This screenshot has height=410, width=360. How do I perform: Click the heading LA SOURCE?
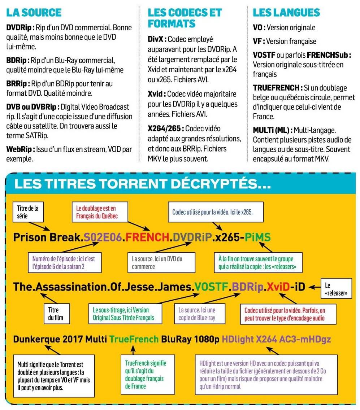[34, 12]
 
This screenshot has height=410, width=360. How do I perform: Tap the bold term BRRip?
[18, 84]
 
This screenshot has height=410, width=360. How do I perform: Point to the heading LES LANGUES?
[286, 12]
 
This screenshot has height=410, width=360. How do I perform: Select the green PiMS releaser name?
[257, 237]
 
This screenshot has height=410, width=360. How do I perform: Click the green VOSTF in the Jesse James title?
[211, 287]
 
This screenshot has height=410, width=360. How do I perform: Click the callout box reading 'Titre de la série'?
[28, 211]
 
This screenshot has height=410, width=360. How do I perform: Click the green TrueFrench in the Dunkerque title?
[134, 339]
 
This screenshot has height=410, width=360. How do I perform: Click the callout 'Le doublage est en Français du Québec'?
[96, 212]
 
